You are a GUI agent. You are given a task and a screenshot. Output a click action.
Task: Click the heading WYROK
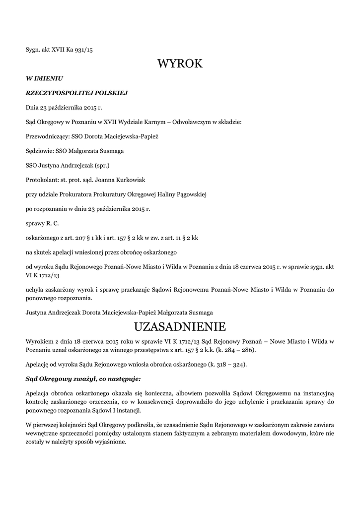tap(180, 63)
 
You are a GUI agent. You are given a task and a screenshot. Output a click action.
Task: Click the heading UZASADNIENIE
tap(180, 326)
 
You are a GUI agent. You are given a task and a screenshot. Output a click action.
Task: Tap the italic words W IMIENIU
tap(44, 78)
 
